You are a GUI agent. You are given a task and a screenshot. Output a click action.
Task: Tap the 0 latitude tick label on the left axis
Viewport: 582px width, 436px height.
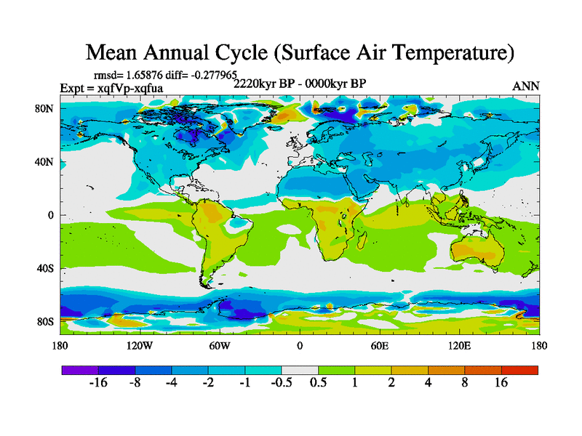(x=52, y=215)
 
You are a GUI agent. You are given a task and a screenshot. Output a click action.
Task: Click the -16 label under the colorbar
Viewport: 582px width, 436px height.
(x=98, y=383)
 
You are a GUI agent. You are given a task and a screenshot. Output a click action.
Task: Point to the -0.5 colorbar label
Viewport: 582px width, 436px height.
(x=282, y=383)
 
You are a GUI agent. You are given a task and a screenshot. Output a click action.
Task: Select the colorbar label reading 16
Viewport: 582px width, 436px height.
(x=501, y=383)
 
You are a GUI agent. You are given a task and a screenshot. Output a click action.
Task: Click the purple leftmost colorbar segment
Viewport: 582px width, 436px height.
(x=80, y=370)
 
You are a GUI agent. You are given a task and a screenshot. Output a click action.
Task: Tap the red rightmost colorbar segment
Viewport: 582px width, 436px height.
(x=519, y=370)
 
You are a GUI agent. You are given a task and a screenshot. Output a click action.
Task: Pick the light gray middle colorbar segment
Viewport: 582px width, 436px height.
(x=300, y=370)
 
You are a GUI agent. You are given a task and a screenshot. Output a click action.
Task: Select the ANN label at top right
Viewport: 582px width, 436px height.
(x=526, y=86)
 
